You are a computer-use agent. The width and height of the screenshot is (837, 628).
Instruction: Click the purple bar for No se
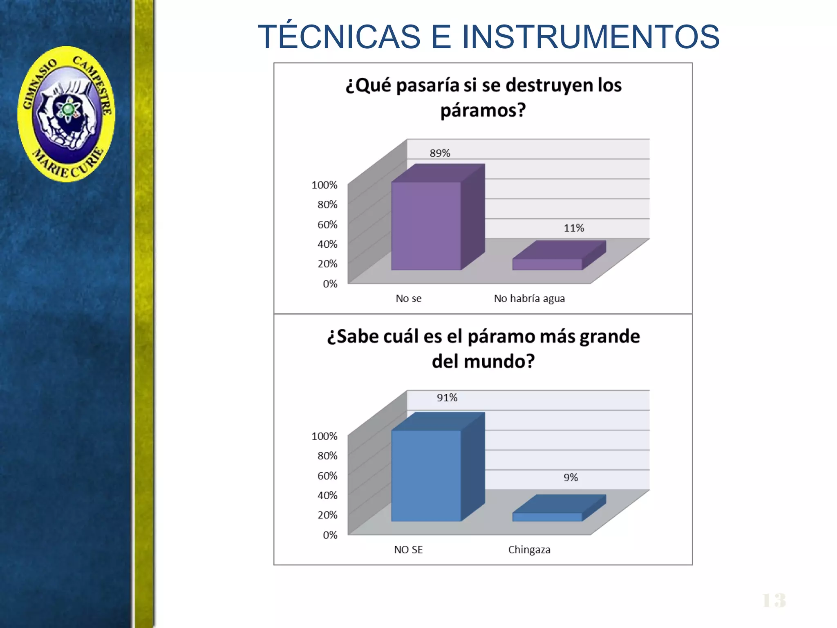pyautogui.click(x=426, y=226)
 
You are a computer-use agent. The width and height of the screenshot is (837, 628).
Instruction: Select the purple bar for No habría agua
pyautogui.click(x=547, y=264)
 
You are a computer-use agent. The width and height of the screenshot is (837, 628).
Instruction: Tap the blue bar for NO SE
pyautogui.click(x=426, y=475)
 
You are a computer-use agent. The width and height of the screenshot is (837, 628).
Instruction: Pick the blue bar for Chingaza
pyautogui.click(x=547, y=517)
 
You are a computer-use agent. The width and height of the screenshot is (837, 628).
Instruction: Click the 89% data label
pyautogui.click(x=440, y=153)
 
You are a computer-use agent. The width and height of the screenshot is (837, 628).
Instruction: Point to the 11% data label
pyautogui.click(x=574, y=228)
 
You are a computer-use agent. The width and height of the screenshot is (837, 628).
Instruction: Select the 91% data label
pyautogui.click(x=447, y=398)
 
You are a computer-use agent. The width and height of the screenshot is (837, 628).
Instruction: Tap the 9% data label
pyautogui.click(x=571, y=478)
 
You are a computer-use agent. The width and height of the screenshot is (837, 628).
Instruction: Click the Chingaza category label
pyautogui.click(x=529, y=550)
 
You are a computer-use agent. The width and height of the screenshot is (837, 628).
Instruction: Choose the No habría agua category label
pyautogui.click(x=529, y=299)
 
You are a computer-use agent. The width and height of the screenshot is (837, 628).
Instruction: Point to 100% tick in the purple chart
pyautogui.click(x=325, y=185)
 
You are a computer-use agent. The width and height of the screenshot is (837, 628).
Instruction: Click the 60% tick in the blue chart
pyautogui.click(x=327, y=476)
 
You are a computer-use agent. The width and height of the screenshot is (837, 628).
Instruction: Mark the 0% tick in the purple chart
pyautogui.click(x=330, y=284)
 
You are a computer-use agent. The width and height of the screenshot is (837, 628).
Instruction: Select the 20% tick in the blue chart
pyautogui.click(x=327, y=515)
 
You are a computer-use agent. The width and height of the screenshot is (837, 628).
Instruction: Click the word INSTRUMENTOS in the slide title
pyautogui.click(x=591, y=37)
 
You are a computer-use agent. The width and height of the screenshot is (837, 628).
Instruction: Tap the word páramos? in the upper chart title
pyautogui.click(x=483, y=110)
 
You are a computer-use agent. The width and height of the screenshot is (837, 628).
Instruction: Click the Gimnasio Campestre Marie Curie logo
pyautogui.click(x=66, y=114)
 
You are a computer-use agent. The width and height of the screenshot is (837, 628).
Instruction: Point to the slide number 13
pyautogui.click(x=774, y=601)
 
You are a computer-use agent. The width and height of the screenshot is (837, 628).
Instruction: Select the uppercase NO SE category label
pyautogui.click(x=408, y=550)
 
